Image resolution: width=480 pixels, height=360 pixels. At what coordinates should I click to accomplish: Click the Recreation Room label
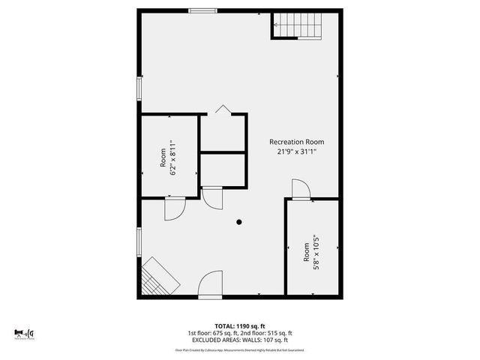tap(297, 142)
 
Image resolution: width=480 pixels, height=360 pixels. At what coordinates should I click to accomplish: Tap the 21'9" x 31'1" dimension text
tap(297, 151)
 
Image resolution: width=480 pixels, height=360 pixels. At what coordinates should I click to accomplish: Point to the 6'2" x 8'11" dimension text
tap(173, 157)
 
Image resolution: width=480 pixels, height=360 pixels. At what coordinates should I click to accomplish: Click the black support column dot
tap(239, 222)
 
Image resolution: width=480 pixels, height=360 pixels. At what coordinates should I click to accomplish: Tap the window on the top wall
tap(202, 10)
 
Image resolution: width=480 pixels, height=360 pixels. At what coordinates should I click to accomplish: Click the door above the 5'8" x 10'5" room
tap(300, 190)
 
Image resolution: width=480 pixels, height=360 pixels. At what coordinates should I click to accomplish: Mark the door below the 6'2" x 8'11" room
tap(174, 208)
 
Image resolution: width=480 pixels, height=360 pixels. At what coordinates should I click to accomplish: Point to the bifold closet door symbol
tap(223, 110)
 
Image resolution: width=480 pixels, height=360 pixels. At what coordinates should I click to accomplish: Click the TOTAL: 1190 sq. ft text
tap(239, 326)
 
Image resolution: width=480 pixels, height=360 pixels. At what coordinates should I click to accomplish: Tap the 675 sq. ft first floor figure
tap(223, 333)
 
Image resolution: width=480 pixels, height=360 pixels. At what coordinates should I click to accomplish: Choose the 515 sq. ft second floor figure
tap(279, 333)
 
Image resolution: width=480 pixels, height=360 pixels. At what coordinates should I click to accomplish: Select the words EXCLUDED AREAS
tap(214, 340)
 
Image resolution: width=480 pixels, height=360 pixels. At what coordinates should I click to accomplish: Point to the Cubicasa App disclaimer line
tap(239, 349)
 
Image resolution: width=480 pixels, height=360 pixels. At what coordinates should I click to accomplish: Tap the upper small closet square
tap(223, 133)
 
